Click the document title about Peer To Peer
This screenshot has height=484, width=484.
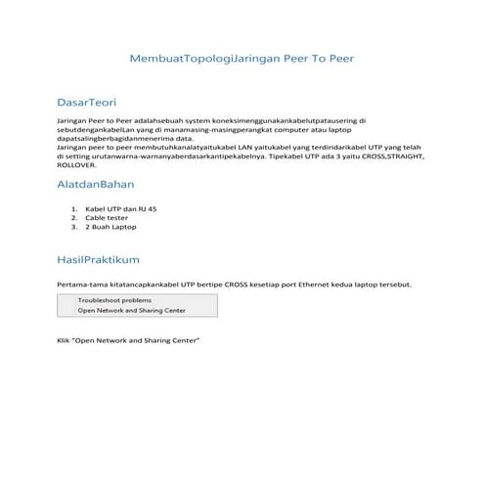(x=242, y=59)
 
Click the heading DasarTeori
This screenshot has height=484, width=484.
(x=87, y=101)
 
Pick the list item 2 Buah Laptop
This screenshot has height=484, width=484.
(x=110, y=226)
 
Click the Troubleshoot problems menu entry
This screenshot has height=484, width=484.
(x=114, y=300)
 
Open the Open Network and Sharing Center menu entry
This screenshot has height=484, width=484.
(x=132, y=310)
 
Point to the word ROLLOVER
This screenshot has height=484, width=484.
(x=78, y=165)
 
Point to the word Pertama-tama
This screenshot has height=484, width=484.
(x=79, y=285)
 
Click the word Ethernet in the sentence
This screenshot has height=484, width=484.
(x=320, y=285)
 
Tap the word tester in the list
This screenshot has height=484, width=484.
(x=118, y=217)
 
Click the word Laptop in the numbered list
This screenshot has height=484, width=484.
(x=123, y=226)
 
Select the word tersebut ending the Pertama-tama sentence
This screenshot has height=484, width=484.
(x=393, y=285)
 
